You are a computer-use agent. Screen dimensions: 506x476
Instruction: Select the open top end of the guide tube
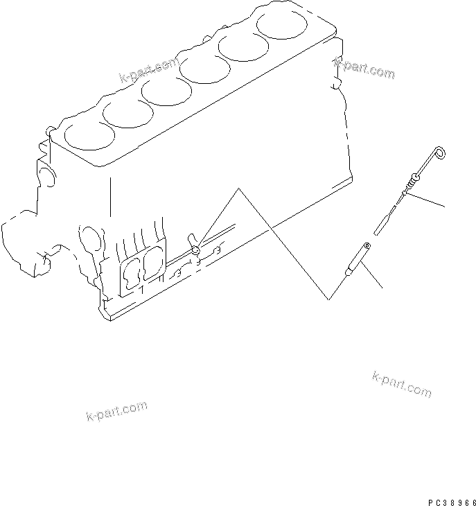coord(367,245)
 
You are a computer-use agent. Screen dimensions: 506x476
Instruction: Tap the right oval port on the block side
coord(152,263)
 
